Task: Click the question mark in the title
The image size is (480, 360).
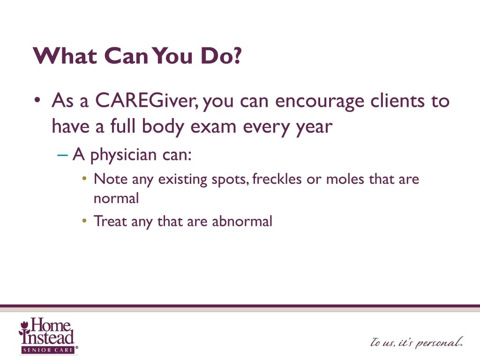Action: pyautogui.click(x=237, y=55)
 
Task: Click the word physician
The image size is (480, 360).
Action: pyautogui.click(x=124, y=155)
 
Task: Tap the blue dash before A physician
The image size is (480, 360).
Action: pyautogui.click(x=62, y=155)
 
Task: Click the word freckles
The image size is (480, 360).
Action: pyautogui.click(x=277, y=179)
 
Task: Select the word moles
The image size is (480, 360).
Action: pyautogui.click(x=345, y=179)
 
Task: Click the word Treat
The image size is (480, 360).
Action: pyautogui.click(x=110, y=221)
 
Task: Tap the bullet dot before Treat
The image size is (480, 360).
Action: pyautogui.click(x=84, y=220)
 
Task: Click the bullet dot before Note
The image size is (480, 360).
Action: pyautogui.click(x=84, y=178)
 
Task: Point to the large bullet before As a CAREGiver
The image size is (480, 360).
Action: pyautogui.click(x=37, y=100)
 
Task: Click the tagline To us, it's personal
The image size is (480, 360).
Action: pyautogui.click(x=416, y=342)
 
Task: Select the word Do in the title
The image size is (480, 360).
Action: pyautogui.click(x=216, y=56)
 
